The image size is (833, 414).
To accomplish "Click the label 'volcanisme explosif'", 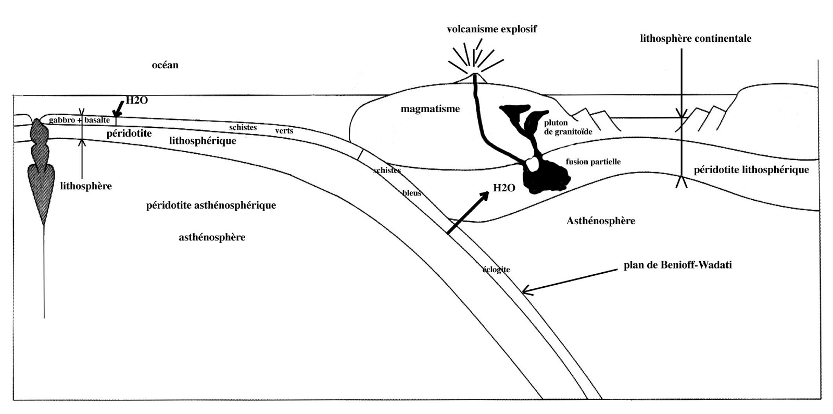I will pyautogui.click(x=491, y=29).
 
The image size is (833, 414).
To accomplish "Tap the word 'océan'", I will pyautogui.click(x=165, y=65).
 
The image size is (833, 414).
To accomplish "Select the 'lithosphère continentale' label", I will pyautogui.click(x=696, y=39).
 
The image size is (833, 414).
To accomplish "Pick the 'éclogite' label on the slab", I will pyautogui.click(x=496, y=270).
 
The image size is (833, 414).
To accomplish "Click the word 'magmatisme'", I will pyautogui.click(x=430, y=109).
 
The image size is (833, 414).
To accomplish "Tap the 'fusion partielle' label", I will pyautogui.click(x=593, y=162).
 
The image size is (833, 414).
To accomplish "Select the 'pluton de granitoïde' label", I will pyautogui.click(x=567, y=127).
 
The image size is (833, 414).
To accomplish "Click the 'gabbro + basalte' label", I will pyautogui.click(x=79, y=120).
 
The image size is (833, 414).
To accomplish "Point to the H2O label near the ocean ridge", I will pyautogui.click(x=137, y=100).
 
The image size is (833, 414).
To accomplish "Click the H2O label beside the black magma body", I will pyautogui.click(x=504, y=188).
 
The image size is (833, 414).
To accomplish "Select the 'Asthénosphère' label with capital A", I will pyautogui.click(x=600, y=221).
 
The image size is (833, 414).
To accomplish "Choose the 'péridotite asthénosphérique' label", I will pyautogui.click(x=211, y=205).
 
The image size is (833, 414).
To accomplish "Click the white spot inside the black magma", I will pyautogui.click(x=532, y=164).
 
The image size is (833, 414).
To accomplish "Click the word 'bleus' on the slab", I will pyautogui.click(x=411, y=193).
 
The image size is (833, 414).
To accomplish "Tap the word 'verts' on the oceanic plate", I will pyautogui.click(x=284, y=131).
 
